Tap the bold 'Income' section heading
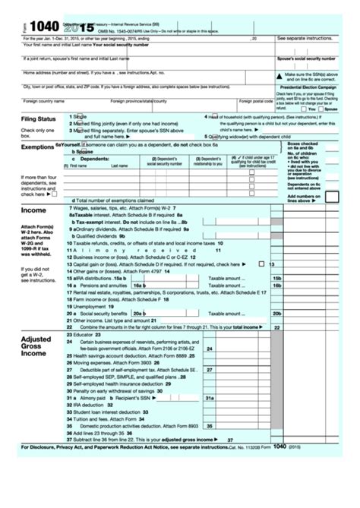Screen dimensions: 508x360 coord(33,210)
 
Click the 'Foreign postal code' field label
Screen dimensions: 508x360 coord(256,100)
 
